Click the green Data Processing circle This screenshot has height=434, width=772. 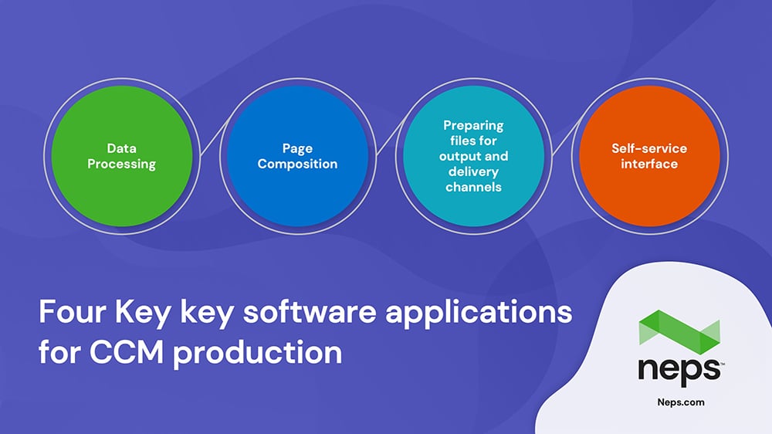pos(122,156)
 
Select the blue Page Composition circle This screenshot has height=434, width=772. pos(297,156)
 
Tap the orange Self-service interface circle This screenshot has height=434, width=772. pos(649,156)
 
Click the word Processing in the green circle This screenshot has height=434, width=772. pos(122,164)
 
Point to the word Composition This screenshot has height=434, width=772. pos(297,164)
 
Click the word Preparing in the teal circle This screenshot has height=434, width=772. pos(473,126)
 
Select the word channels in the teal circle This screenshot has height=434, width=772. pos(474,187)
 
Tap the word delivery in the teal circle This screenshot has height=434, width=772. pos(474,172)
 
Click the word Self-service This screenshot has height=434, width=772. pos(649,148)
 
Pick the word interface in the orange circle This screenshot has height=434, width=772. pos(649,164)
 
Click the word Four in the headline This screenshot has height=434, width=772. pos(73,312)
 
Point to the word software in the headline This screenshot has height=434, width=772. pos(310,312)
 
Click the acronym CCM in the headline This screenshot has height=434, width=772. pos(126,352)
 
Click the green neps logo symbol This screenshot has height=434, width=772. pos(679,332)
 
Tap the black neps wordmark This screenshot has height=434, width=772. pos(679,371)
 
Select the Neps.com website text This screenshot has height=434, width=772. pos(681,402)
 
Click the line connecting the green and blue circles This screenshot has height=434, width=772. pos(215,137)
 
